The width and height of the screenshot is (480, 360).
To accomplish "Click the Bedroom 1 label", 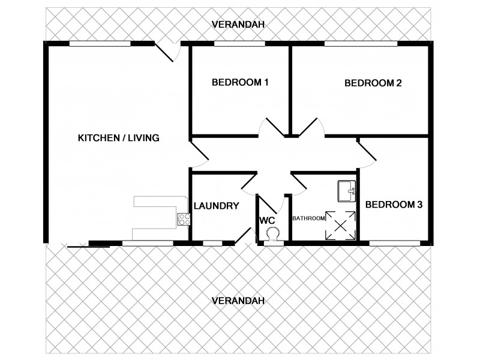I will coord(240,83).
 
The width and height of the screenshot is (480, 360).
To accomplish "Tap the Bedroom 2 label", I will coord(373,83).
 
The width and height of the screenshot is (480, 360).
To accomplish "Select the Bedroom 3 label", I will coord(394,205).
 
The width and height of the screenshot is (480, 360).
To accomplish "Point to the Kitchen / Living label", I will coord(118,138).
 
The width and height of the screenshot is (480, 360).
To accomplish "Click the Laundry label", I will coord(217,206).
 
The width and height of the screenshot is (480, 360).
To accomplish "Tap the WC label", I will coord(267,220).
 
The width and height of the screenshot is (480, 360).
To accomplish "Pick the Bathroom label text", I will coord(308,218).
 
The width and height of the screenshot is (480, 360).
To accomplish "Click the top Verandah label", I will coord(238,25).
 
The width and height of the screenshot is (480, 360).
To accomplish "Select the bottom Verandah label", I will coord(238,301).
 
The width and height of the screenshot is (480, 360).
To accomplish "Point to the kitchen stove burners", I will coord(182,220).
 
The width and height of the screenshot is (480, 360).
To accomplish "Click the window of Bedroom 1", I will coord(239,44).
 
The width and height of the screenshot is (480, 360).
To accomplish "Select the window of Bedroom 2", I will coord(360,44).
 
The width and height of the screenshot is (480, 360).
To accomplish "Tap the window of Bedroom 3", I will coord(394,243).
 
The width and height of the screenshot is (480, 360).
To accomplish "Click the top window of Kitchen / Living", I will coord(100,44).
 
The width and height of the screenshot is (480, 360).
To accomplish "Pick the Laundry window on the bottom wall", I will coord(212,243).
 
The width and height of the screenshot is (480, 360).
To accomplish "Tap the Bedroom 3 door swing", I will coord(367,150).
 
